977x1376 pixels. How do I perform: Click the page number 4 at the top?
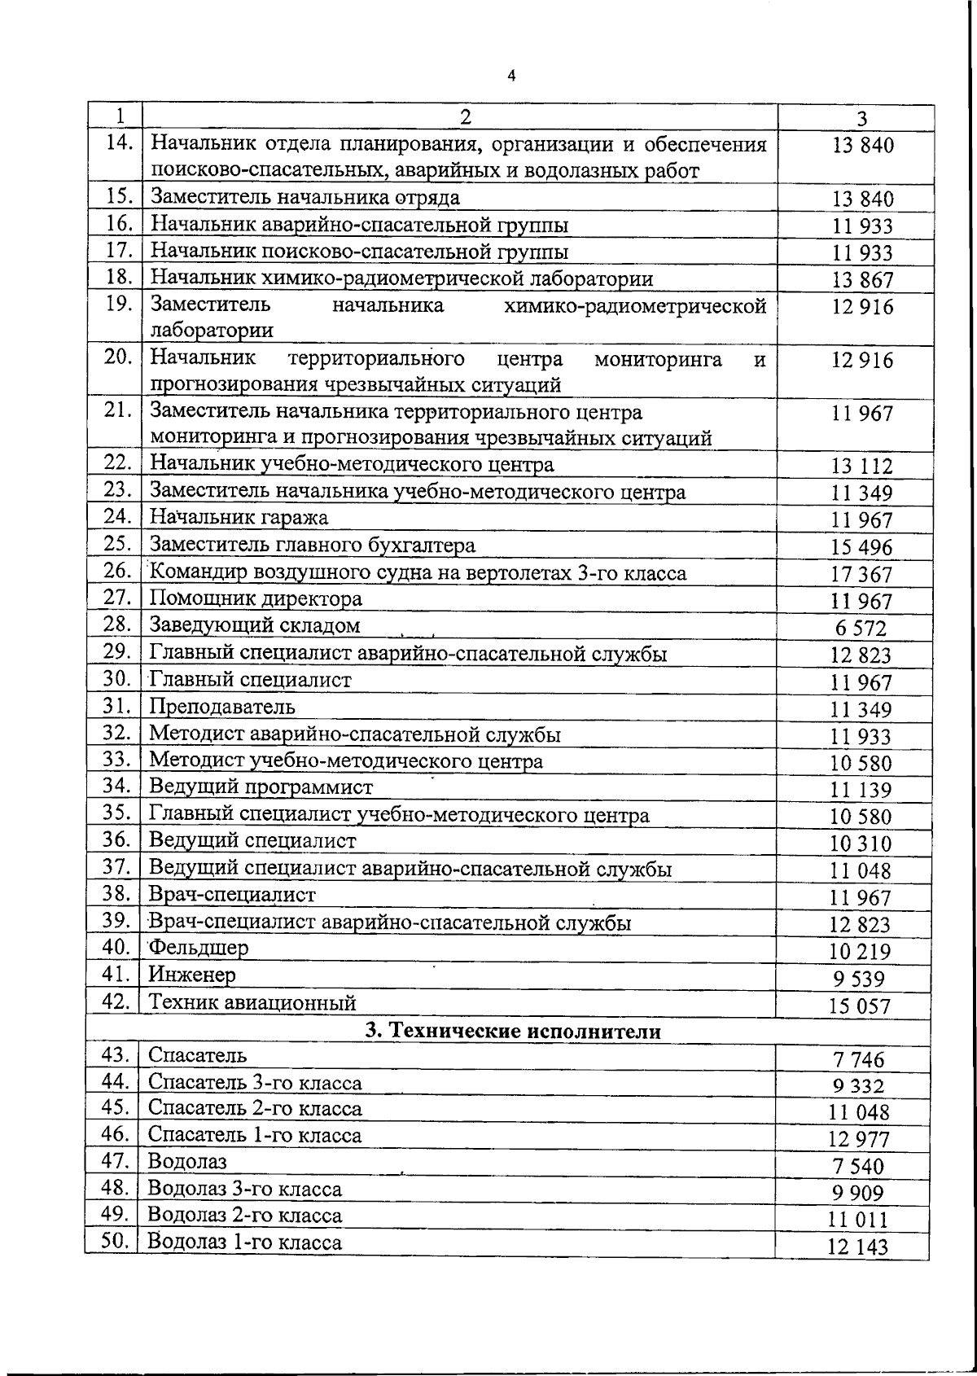click(510, 76)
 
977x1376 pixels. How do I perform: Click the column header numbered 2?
click(464, 116)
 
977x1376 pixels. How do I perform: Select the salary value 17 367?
click(861, 575)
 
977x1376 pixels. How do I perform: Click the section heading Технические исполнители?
click(513, 1031)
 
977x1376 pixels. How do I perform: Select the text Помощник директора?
click(256, 599)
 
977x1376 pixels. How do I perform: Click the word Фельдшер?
click(198, 948)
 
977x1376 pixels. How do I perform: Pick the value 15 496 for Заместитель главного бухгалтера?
click(861, 548)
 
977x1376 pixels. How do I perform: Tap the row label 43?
click(116, 1056)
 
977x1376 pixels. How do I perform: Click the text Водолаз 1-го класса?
click(244, 1242)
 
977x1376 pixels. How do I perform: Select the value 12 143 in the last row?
click(858, 1247)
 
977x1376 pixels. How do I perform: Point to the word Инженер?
click(192, 975)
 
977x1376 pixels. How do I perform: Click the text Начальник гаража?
click(239, 518)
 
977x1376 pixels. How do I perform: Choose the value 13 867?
click(862, 281)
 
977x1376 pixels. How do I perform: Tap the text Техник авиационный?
click(252, 1002)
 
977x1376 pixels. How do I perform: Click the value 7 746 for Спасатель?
click(858, 1060)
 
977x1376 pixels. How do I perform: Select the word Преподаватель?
click(221, 707)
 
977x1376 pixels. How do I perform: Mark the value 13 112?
click(861, 467)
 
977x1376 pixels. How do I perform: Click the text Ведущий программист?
click(261, 787)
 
